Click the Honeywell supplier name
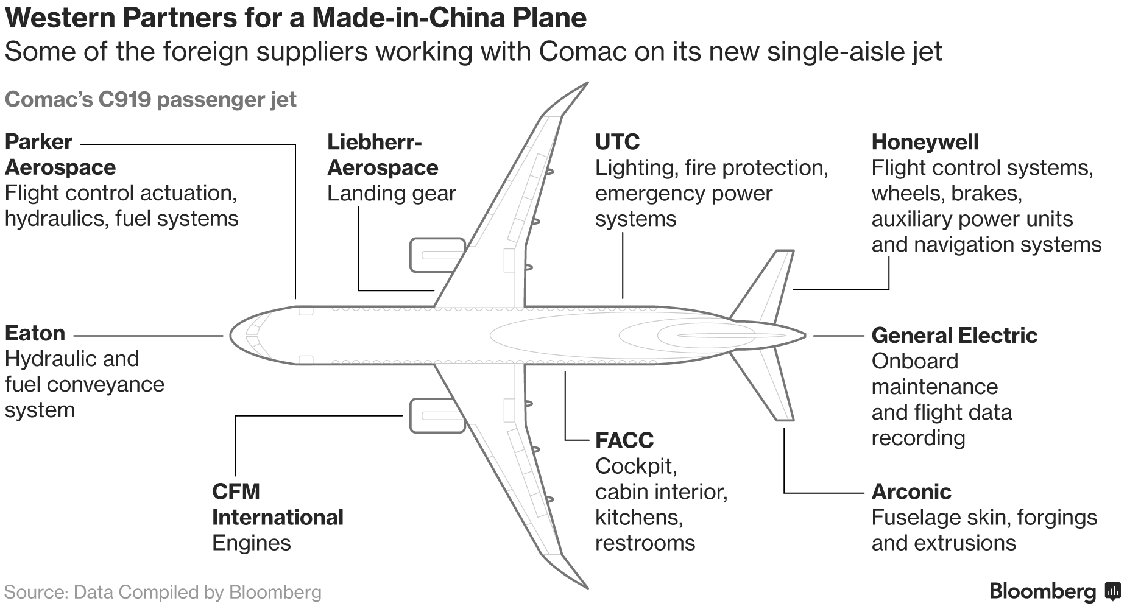pyautogui.click(x=924, y=142)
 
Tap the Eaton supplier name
pyautogui.click(x=35, y=333)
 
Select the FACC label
pyautogui.click(x=624, y=440)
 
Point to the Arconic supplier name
pyautogui.click(x=911, y=491)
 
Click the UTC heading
pyautogui.click(x=616, y=142)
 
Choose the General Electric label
pyautogui.click(x=953, y=335)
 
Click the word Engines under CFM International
pyautogui.click(x=251, y=543)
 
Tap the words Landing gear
pyautogui.click(x=391, y=193)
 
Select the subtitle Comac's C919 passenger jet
pyautogui.click(x=150, y=99)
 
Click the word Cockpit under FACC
pyautogui.click(x=635, y=466)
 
